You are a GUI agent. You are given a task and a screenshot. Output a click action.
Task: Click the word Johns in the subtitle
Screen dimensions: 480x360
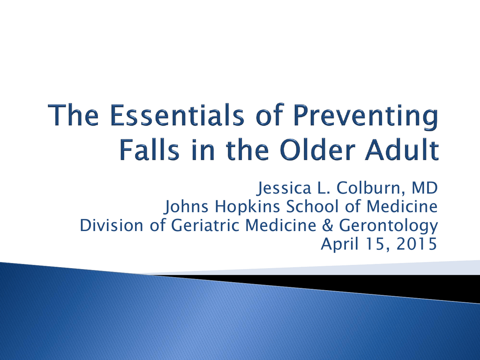tap(186, 207)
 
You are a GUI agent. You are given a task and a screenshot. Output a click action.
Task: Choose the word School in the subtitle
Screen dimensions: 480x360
tap(313, 206)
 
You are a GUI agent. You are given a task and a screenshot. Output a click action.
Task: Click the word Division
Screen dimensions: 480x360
tap(112, 225)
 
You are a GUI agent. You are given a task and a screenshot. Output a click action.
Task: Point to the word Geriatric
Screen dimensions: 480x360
tap(205, 225)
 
